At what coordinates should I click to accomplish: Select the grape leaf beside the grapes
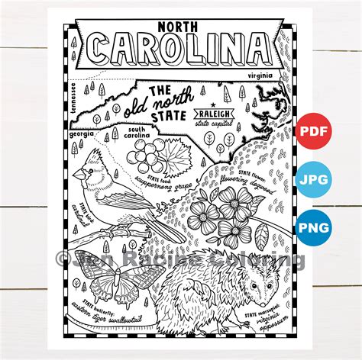pyautogui.click(x=175, y=162)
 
